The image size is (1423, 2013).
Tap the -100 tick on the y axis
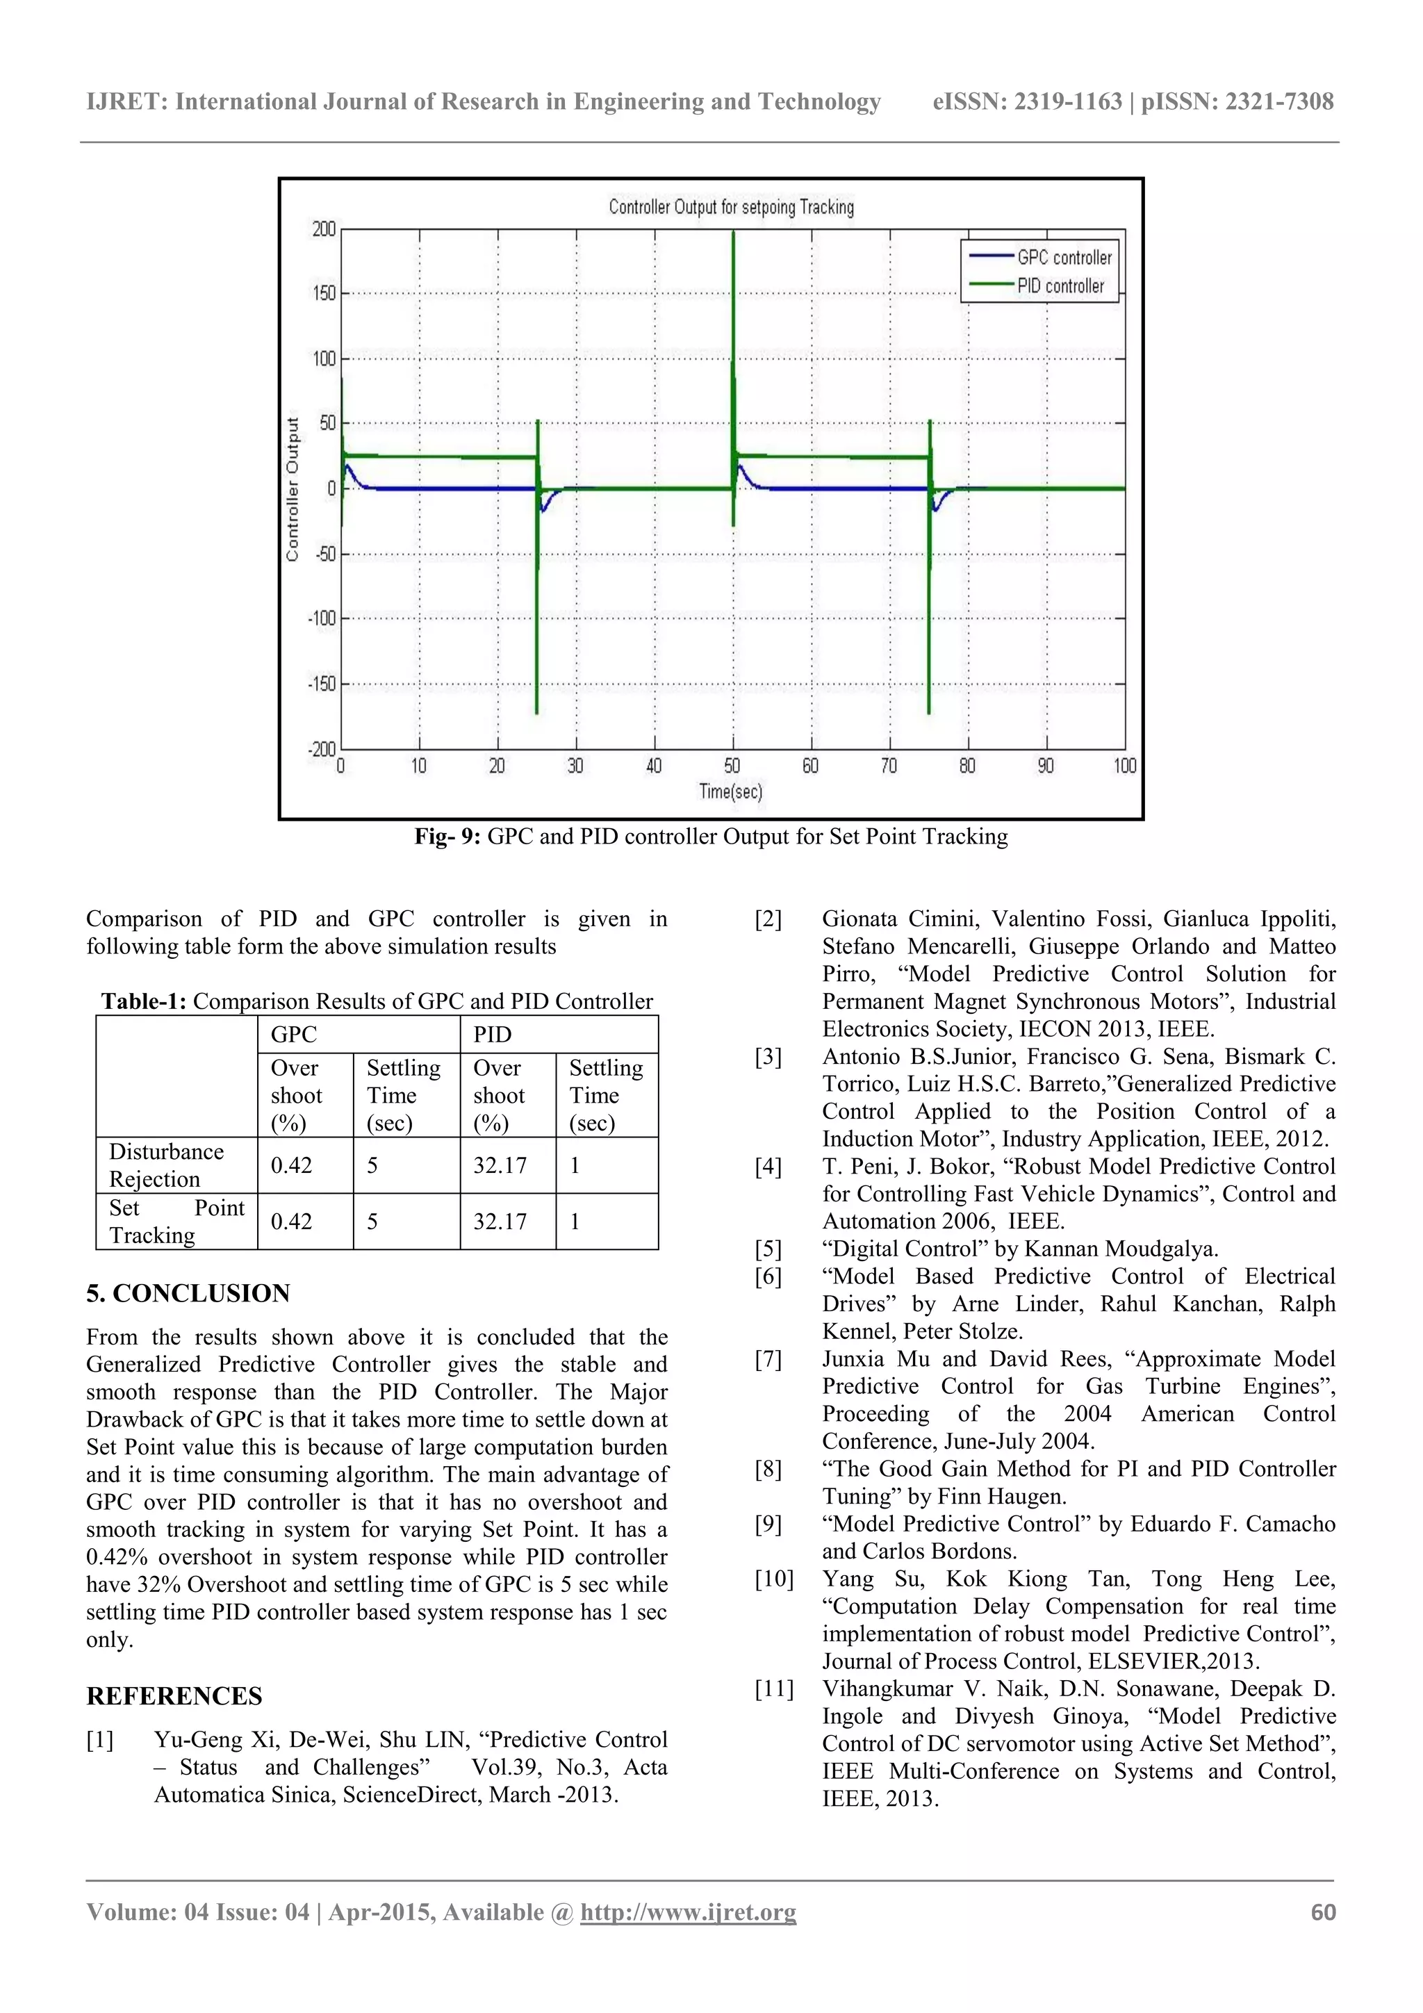click(322, 619)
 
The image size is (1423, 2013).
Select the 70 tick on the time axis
click(889, 766)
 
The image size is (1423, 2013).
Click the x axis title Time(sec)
click(730, 791)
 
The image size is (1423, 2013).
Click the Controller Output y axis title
click(293, 488)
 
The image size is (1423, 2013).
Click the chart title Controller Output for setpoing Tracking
click(730, 207)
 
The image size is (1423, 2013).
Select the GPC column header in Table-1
click(294, 1035)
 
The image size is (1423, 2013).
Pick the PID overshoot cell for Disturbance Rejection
click(500, 1165)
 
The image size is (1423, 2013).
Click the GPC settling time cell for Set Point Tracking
click(372, 1222)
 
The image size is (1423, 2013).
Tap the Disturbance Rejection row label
click(165, 1165)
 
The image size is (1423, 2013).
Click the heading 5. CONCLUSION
click(188, 1293)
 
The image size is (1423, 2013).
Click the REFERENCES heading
click(174, 1695)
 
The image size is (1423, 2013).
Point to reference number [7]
click(768, 1359)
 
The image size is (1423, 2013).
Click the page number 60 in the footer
click(1322, 1912)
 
